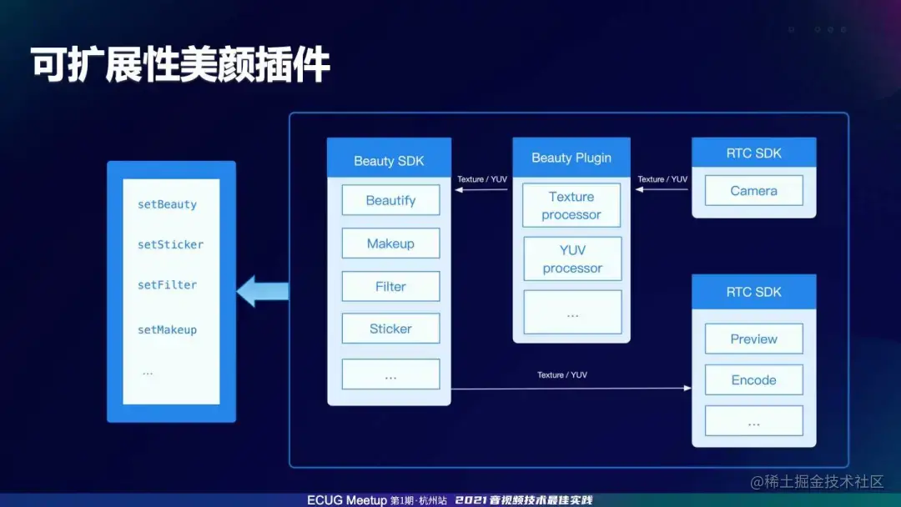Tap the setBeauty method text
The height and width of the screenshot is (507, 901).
(167, 204)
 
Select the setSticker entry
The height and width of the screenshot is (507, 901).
(170, 244)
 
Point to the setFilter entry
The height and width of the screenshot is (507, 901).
(167, 285)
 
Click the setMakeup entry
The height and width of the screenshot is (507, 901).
(167, 330)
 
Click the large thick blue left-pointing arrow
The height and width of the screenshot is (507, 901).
(262, 292)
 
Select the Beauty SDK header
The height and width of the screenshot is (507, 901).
(389, 161)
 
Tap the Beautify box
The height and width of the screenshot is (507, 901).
(390, 200)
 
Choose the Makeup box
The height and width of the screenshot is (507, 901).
(390, 243)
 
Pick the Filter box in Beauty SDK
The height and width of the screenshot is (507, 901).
(390, 286)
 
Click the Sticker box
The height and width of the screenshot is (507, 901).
(390, 329)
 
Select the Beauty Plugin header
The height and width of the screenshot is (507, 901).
(571, 158)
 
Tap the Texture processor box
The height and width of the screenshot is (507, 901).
(571, 206)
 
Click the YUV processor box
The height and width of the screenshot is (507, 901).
(572, 259)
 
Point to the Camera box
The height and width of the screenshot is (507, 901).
(753, 191)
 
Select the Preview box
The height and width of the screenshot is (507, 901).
(753, 339)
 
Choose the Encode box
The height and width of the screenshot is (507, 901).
(753, 380)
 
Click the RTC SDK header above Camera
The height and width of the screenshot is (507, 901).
(753, 153)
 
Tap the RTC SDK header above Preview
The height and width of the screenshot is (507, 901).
(753, 292)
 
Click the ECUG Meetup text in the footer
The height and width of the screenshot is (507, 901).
(347, 500)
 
